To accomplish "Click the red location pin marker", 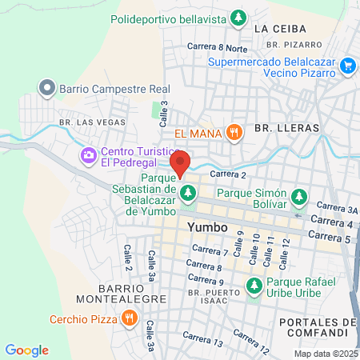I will coord(181,162).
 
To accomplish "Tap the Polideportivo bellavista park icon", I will coord(238,17).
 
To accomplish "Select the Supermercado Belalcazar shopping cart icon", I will coord(347,66).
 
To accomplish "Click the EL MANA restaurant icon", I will coord(234,133).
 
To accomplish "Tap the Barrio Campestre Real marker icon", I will coord(46,88).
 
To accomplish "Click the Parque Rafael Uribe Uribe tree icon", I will coord(254,285).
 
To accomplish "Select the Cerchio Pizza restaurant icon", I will coord(130,318).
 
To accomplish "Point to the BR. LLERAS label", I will coord(286,127).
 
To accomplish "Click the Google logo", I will coord(26,350).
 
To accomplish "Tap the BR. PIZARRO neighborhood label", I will coord(296,45).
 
